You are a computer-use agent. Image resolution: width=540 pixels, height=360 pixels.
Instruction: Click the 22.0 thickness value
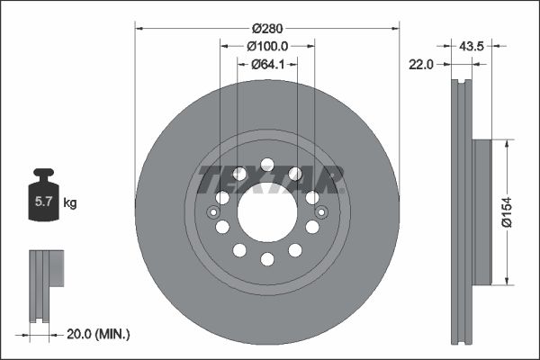tap(422, 63)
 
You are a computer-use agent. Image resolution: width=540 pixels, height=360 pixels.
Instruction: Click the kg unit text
tap(70, 203)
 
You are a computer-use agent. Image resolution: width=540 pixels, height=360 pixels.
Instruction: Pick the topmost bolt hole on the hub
tap(267, 163)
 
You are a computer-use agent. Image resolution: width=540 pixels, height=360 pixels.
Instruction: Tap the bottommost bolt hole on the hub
tap(267, 259)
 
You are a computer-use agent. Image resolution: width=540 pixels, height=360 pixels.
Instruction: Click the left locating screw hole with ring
tap(212, 212)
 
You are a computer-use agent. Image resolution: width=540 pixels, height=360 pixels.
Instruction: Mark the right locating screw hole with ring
tap(321, 212)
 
